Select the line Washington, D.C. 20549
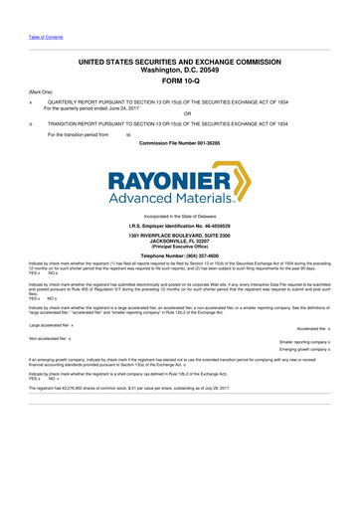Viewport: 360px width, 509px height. [x=180, y=71]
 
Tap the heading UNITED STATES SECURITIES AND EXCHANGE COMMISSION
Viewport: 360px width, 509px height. [x=180, y=62]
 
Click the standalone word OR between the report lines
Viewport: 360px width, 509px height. [x=180, y=112]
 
